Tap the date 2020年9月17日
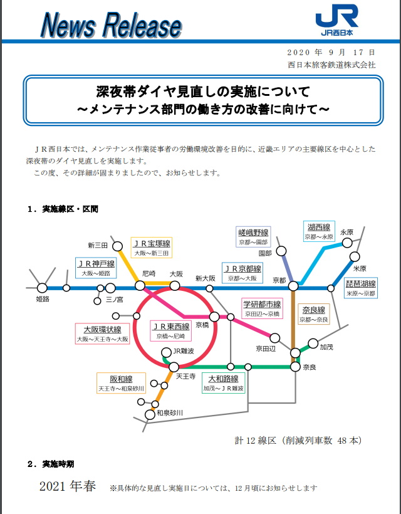coord(331,52)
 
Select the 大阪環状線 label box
coord(102,333)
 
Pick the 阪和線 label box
coord(121,383)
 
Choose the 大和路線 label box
coord(222,383)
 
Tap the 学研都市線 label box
coord(263,308)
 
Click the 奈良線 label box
coord(313,314)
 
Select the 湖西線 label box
coord(319,231)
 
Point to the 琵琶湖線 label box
coord(360,288)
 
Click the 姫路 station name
coord(43,300)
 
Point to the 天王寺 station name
coord(185,376)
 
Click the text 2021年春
coord(68,486)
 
